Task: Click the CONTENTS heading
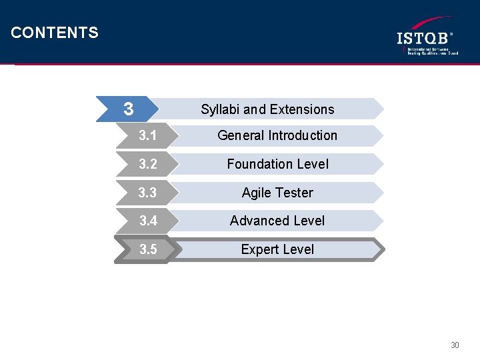(55, 33)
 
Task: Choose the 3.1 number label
(148, 136)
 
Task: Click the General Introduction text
(277, 135)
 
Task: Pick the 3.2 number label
(148, 164)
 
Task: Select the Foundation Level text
(277, 164)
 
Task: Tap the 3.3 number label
(148, 193)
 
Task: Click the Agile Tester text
(277, 193)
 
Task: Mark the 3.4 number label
(148, 221)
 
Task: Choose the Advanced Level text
(277, 221)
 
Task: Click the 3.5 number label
(148, 250)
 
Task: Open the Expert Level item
(277, 249)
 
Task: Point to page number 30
(455, 345)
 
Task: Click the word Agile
(256, 193)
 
